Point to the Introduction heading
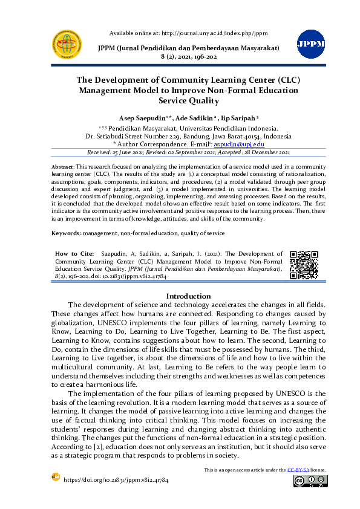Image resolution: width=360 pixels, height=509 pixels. click(188, 296)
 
